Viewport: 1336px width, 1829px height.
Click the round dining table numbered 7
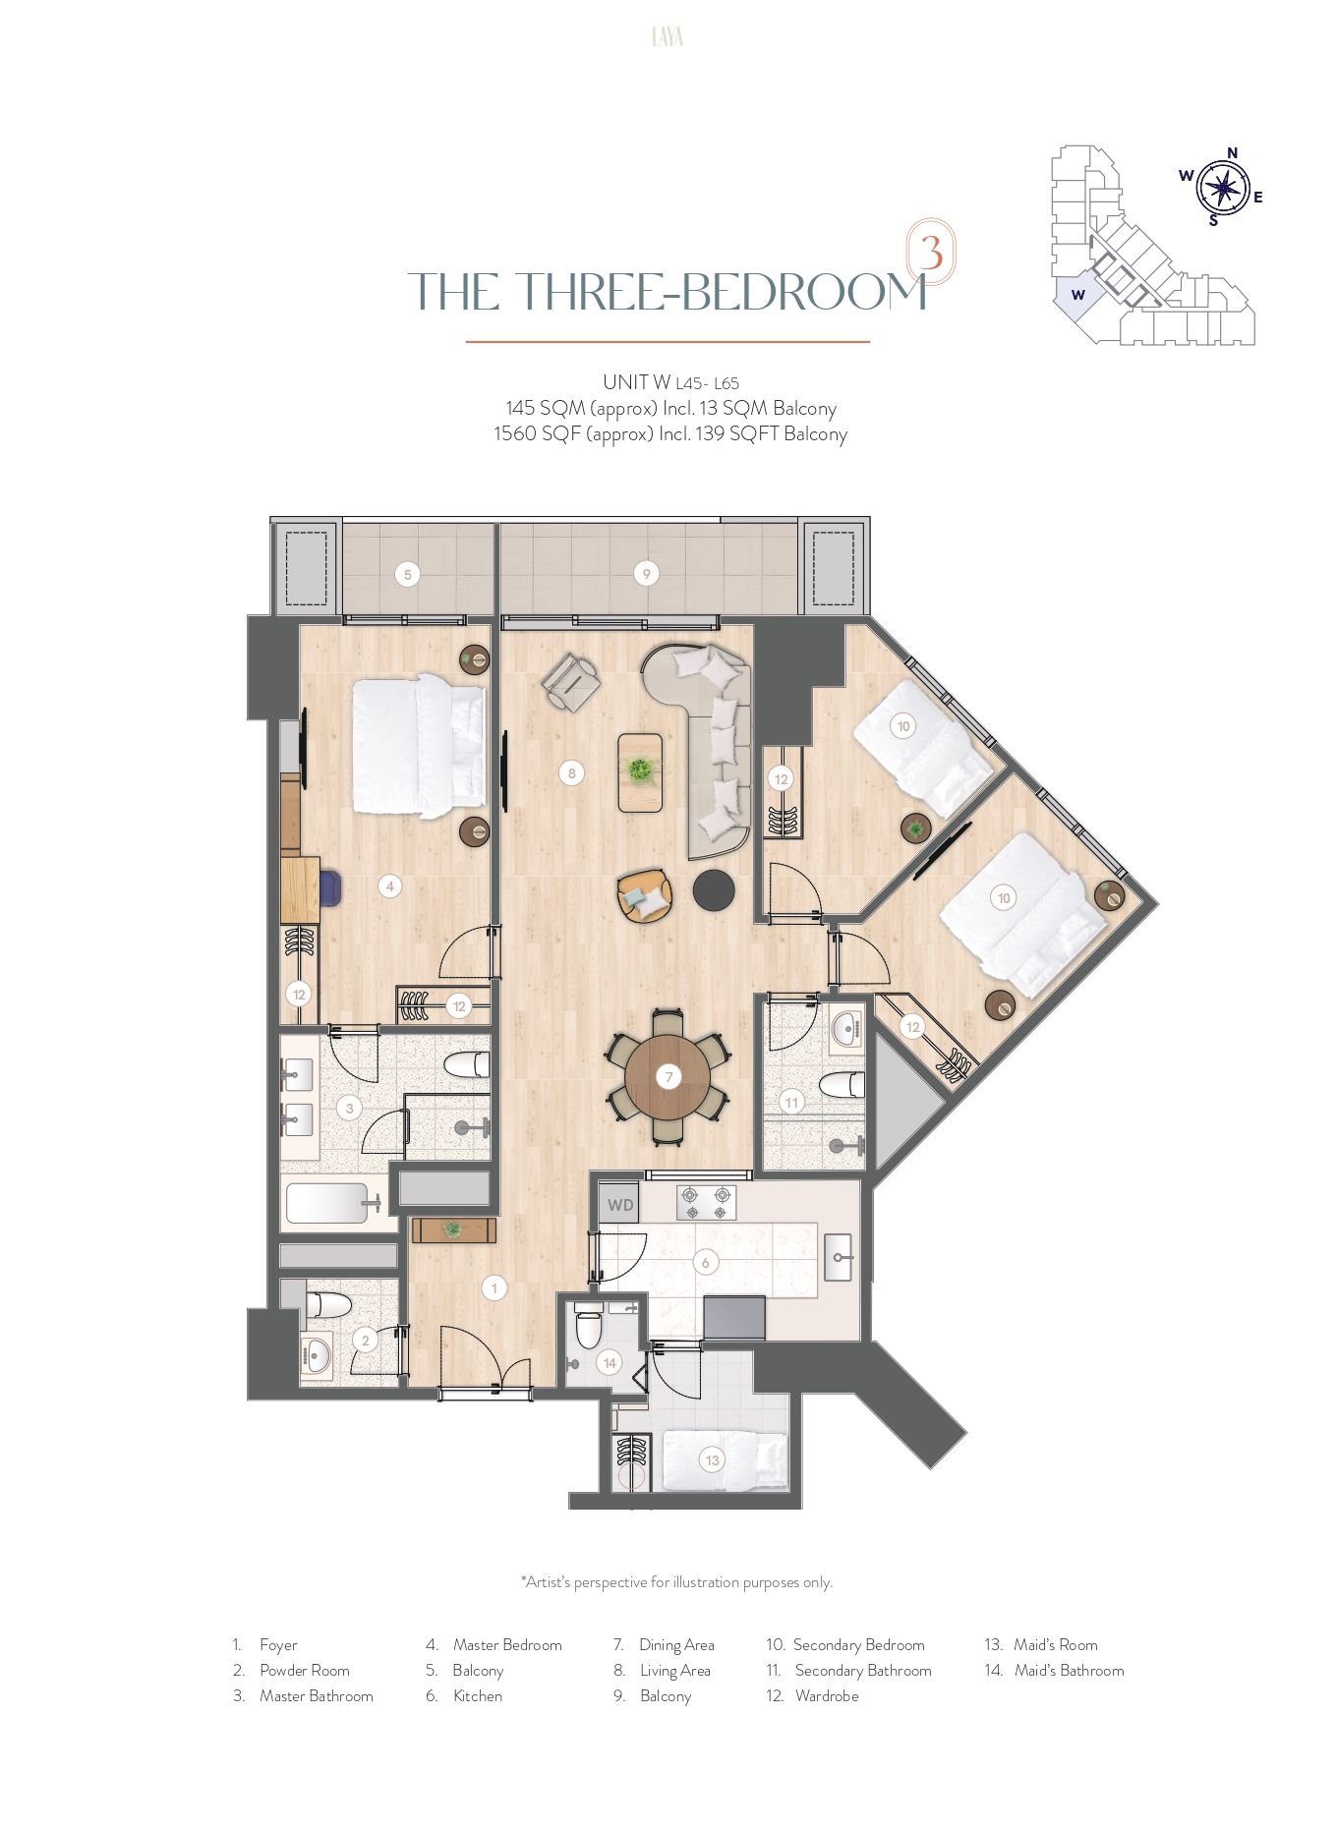(x=668, y=1077)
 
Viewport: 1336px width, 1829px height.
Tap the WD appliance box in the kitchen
(x=619, y=1205)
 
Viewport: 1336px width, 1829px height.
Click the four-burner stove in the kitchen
(x=706, y=1203)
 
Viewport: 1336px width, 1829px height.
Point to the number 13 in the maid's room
(x=713, y=1460)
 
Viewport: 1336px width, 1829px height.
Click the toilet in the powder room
(x=328, y=1305)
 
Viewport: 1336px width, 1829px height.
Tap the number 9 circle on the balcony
(x=646, y=574)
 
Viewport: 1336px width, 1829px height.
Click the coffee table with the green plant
(x=640, y=772)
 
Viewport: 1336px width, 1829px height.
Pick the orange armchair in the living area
(x=645, y=895)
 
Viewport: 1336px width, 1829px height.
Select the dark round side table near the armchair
(x=714, y=889)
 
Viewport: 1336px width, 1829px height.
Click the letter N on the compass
(x=1232, y=152)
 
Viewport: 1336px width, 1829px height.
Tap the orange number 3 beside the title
(x=930, y=252)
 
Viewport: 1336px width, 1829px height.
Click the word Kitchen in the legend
(x=478, y=1695)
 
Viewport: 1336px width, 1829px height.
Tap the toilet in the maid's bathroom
(x=588, y=1328)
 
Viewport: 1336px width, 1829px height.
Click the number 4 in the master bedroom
(x=390, y=886)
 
